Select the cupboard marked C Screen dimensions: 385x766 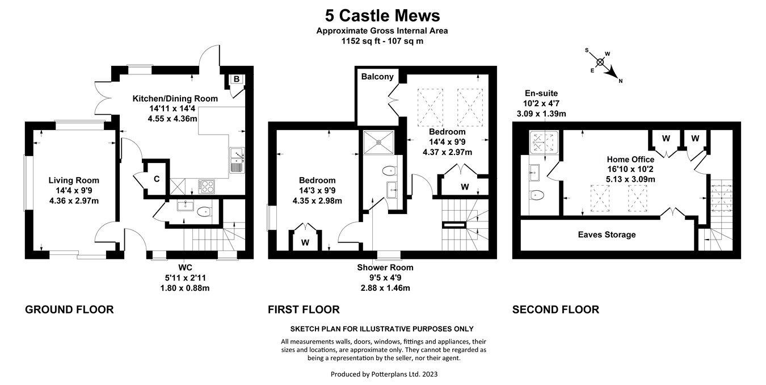pos(156,179)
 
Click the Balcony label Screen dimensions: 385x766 pos(377,77)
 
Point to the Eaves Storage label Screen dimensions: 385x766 pos(607,235)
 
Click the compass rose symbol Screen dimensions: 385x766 pos(600,62)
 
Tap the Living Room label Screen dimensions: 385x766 pos(73,181)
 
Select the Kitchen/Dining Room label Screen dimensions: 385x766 pos(175,98)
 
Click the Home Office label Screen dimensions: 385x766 pos(630,160)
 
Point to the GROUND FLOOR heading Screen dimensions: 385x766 pos(69,309)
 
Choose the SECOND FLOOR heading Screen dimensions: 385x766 pos(555,309)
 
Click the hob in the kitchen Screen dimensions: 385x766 pos(207,185)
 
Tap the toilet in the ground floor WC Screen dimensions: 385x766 pos(204,212)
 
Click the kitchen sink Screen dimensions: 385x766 pos(236,159)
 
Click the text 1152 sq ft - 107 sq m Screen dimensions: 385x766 pos(382,41)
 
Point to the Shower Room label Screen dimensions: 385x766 pos(385,267)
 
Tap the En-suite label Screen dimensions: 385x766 pos(541,93)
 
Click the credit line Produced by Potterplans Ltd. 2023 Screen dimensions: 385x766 pos(384,374)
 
